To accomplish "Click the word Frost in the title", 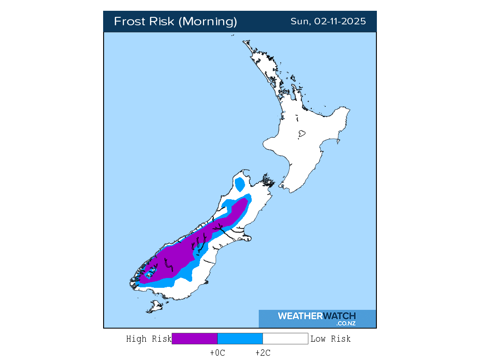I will [129, 22].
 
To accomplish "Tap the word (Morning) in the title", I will [209, 22].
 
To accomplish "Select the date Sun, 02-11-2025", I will [328, 22].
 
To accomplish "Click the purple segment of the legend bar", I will [195, 338].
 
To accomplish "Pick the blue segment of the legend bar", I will [240, 338].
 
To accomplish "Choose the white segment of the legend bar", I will [285, 338].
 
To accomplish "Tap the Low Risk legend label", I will [330, 339].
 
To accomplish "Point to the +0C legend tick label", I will [217, 353].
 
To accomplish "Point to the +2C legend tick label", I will [262, 353].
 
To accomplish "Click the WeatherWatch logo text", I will [316, 316].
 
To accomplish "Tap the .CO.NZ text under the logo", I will [345, 323].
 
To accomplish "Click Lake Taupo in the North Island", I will [301, 134].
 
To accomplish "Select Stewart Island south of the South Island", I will [154, 307].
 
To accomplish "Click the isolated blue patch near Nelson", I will [240, 184].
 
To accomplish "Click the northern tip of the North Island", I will [244, 41].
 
